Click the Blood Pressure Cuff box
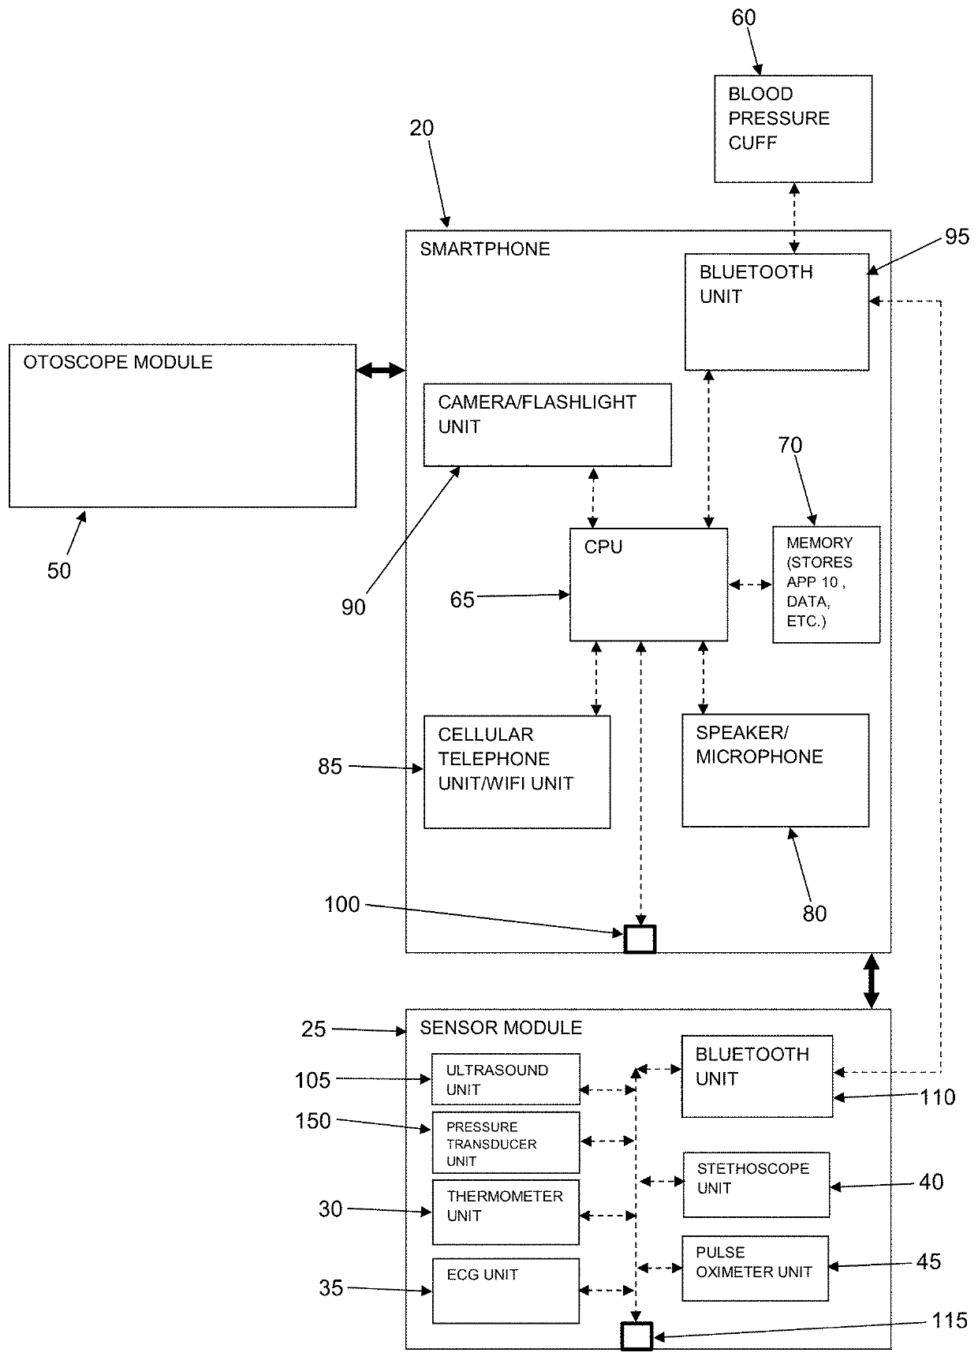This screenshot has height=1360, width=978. pos(793,129)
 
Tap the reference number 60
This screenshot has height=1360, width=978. pos(743,17)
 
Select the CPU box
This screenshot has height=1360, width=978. pos(648,585)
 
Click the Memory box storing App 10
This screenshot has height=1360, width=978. pos(826,585)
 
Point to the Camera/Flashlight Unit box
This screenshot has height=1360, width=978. pos(547,425)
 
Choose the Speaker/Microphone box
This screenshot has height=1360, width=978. pos(775,771)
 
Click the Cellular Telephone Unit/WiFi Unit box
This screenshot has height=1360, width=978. pos(517,772)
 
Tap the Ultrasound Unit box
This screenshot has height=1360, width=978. pos(506,1079)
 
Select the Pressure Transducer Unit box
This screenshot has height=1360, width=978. pos(506,1142)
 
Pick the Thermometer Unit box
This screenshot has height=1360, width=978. pos(506,1212)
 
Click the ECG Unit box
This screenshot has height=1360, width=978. pos(506,1291)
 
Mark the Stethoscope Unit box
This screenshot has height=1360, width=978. pos(756,1184)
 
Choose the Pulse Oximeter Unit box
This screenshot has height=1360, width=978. pos(755,1268)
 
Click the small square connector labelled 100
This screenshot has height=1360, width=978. pos(640,939)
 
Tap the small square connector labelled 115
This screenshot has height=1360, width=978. pos(636,1336)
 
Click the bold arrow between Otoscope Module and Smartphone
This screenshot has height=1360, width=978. pos(380,370)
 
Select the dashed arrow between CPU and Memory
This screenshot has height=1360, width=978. pos(749,585)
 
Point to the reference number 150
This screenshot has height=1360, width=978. pos(312,1120)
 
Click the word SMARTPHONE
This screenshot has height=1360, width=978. pos(484,249)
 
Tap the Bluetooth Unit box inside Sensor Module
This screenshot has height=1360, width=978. pos(756,1076)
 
